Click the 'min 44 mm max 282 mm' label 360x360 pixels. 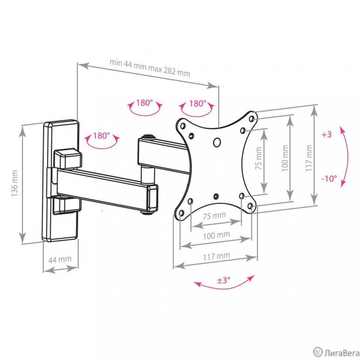pyautogui.click(x=150, y=68)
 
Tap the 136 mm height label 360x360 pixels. pyautogui.click(x=15, y=183)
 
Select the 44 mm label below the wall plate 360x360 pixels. pyautogui.click(x=60, y=259)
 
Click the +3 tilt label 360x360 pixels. pyautogui.click(x=327, y=134)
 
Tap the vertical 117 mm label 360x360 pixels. pyautogui.click(x=309, y=158)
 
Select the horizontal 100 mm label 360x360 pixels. pyautogui.click(x=216, y=235)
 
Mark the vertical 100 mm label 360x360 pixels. pyautogui.click(x=285, y=158)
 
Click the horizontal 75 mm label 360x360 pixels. pyautogui.click(x=214, y=216)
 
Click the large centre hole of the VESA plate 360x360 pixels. pyautogui.click(x=217, y=142)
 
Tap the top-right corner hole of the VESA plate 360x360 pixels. pyautogui.click(x=251, y=118)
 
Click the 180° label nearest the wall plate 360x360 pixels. pyautogui.click(x=101, y=135)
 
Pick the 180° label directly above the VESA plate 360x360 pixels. pyautogui.click(x=198, y=103)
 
